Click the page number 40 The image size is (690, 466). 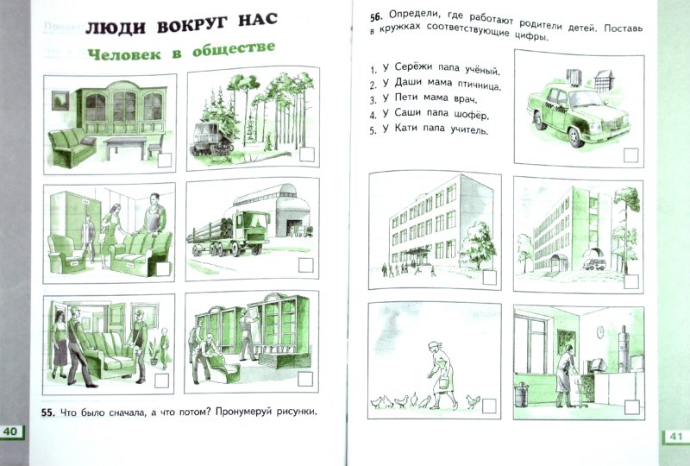click(15, 431)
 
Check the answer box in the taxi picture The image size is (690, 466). click(630, 155)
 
